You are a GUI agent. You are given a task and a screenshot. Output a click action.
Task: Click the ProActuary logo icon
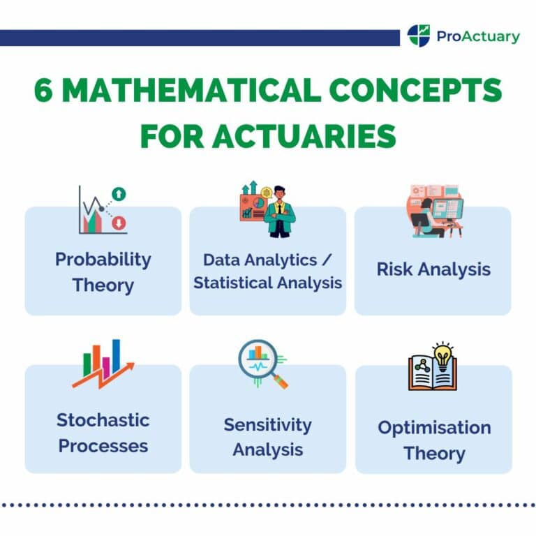(419, 35)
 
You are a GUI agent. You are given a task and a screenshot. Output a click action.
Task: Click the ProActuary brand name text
(478, 36)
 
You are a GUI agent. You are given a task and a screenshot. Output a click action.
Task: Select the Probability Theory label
(103, 271)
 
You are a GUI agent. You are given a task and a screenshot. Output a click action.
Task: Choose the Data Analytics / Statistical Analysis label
(268, 271)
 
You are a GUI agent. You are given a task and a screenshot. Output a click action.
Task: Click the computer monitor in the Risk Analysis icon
(447, 209)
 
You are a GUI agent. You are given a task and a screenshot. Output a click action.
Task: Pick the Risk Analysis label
(433, 269)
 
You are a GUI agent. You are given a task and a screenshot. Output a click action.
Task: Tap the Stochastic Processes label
(103, 433)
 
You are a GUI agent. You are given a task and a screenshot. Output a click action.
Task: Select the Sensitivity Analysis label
(268, 437)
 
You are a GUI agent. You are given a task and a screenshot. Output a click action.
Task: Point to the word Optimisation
(434, 427)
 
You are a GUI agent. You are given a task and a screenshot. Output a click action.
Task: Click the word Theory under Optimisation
(434, 454)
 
